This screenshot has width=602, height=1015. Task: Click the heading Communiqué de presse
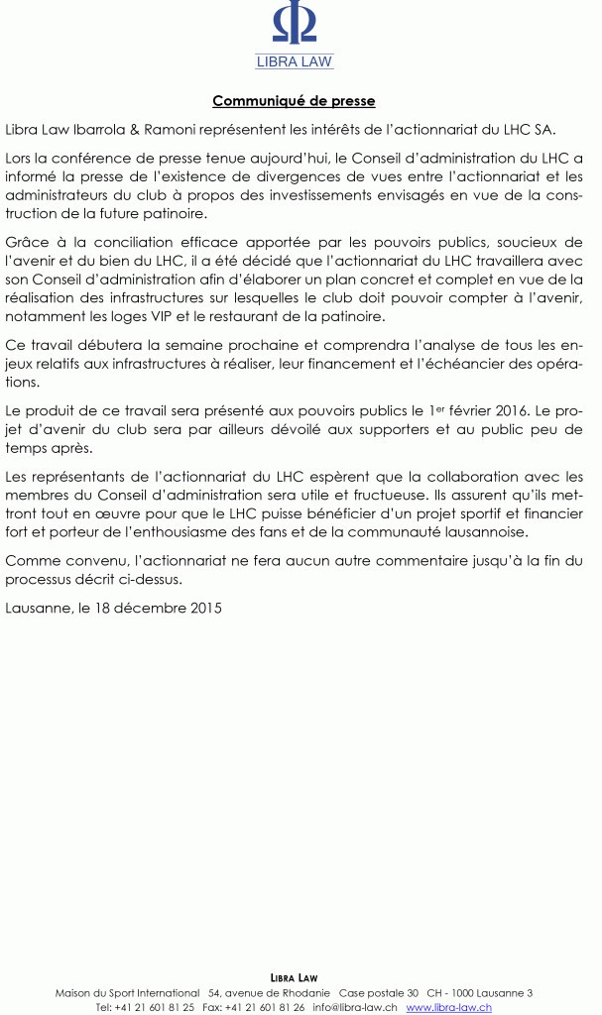294,101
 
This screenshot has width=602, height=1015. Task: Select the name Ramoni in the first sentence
186,129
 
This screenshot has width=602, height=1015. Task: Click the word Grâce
27,243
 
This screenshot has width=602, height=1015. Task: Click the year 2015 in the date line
205,608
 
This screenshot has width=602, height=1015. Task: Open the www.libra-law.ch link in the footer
448,1007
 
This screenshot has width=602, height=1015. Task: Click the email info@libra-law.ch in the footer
355,1007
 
